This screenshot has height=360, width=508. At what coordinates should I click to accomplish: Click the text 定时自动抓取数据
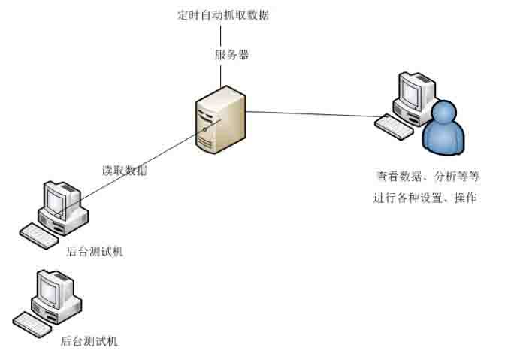click(x=219, y=14)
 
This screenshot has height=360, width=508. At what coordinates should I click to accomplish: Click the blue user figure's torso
click(x=444, y=140)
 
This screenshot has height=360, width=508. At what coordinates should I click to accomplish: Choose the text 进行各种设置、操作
click(x=426, y=198)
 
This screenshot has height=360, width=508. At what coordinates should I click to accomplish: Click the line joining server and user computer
click(x=316, y=114)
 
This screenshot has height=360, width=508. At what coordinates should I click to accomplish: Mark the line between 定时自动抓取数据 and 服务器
click(x=219, y=35)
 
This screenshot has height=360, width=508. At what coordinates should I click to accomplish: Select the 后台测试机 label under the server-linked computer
click(x=95, y=252)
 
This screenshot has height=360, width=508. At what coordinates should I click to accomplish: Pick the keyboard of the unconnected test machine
click(x=36, y=323)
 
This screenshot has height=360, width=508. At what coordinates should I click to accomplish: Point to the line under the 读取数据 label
click(x=135, y=169)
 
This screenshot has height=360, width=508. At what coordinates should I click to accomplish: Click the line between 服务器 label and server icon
click(x=220, y=75)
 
